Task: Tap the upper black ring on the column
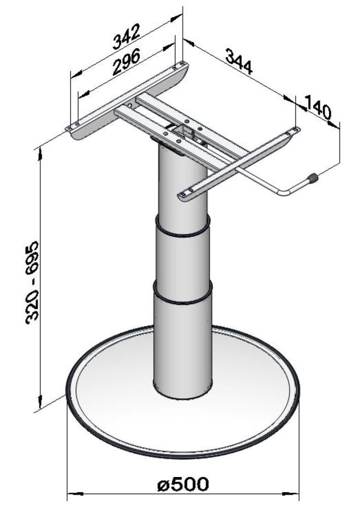coord(182,231)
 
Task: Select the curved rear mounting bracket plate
coord(127,102)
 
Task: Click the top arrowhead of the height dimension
coord(40,150)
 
